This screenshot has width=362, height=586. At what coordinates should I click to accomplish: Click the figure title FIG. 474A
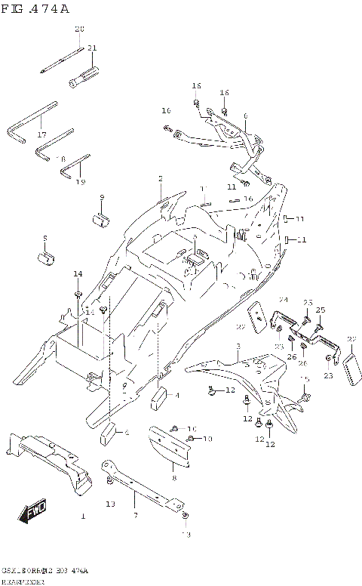[36, 8]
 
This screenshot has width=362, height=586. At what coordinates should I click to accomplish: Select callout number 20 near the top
[79, 29]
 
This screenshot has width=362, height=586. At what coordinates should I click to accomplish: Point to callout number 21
[92, 48]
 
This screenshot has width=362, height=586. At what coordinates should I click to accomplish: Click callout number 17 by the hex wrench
[41, 134]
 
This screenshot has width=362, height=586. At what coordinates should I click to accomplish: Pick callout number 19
[81, 182]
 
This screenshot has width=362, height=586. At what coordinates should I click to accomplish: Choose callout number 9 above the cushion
[102, 197]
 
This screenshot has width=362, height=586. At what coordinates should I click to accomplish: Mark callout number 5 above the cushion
[45, 238]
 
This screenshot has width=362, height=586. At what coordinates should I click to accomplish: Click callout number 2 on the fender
[161, 178]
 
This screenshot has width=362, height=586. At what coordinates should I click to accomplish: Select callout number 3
[237, 346]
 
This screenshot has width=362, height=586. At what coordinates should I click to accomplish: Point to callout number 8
[173, 478]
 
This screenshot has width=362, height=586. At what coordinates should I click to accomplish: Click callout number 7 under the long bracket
[135, 516]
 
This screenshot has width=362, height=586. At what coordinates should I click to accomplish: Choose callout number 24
[284, 300]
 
